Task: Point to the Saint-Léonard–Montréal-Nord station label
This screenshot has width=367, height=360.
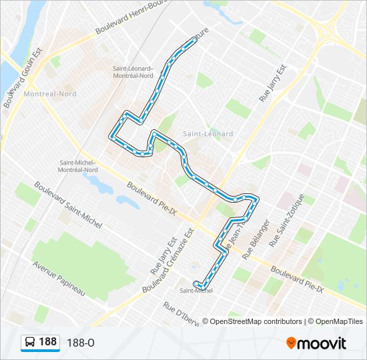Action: click(x=133, y=72)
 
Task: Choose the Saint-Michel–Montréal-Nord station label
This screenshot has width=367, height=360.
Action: click(x=79, y=166)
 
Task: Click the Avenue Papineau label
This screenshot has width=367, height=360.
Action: click(x=59, y=278)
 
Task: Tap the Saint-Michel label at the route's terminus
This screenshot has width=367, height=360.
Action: click(x=196, y=291)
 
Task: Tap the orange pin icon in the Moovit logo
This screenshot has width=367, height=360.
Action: click(x=292, y=343)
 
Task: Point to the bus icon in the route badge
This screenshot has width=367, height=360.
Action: click(x=30, y=342)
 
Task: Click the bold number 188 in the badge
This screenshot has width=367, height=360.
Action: click(x=48, y=342)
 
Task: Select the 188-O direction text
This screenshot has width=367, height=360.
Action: click(x=81, y=343)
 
